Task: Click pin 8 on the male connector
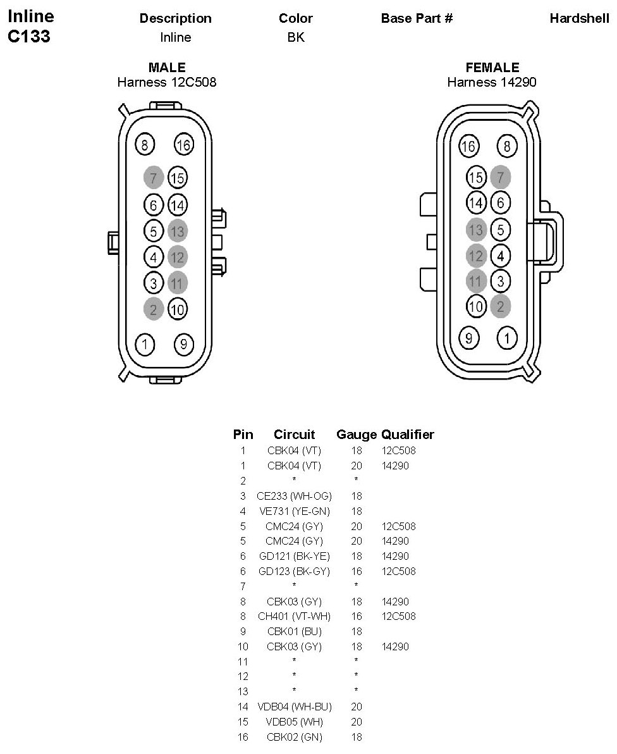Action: coord(145,145)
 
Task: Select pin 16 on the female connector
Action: coord(468,146)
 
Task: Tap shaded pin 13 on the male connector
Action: coord(178,231)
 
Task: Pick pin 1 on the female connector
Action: coord(506,338)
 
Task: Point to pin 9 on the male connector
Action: coord(183,345)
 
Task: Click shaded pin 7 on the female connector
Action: coord(500,176)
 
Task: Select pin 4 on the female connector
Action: coord(500,256)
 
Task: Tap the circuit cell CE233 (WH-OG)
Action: coord(294,496)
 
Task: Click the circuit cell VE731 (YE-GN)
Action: coord(294,511)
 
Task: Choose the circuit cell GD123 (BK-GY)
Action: coord(294,571)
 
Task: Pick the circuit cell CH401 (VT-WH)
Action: coord(294,616)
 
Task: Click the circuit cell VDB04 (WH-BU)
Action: coord(294,707)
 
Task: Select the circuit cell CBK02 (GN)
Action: coord(294,737)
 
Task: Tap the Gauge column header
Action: coord(357,435)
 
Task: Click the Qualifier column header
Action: coord(408,435)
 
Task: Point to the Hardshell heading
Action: coord(579,18)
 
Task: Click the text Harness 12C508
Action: coord(167,82)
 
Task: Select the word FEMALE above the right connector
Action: coord(492,68)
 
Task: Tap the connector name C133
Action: coord(28,36)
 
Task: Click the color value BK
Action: coord(296,37)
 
